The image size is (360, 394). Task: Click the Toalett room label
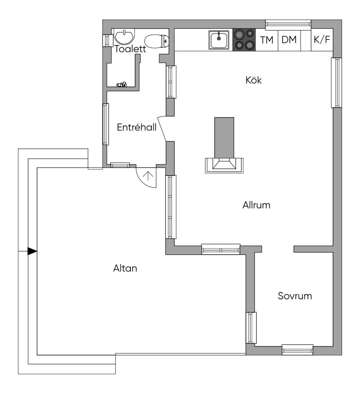[130, 49]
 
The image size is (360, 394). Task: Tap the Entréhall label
[137, 127]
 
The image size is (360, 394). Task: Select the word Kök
[253, 80]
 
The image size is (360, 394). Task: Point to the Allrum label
[256, 205]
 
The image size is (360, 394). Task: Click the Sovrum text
[295, 296]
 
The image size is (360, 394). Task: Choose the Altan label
[125, 268]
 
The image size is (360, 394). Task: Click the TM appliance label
[267, 40]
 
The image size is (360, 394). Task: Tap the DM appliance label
[289, 40]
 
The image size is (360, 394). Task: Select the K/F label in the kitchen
[322, 40]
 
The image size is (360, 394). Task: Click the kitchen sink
[219, 40]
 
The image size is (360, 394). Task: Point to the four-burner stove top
[244, 40]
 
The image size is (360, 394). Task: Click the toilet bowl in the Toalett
[156, 41]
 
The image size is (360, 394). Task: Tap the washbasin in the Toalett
[124, 37]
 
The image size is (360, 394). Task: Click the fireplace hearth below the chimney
[224, 165]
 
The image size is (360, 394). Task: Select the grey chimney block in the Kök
[224, 138]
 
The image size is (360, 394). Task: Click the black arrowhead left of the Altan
[32, 251]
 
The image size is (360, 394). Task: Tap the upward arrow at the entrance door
[148, 176]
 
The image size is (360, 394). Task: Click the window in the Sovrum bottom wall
[297, 349]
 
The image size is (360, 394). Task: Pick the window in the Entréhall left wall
[106, 124]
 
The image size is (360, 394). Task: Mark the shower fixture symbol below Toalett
[122, 84]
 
